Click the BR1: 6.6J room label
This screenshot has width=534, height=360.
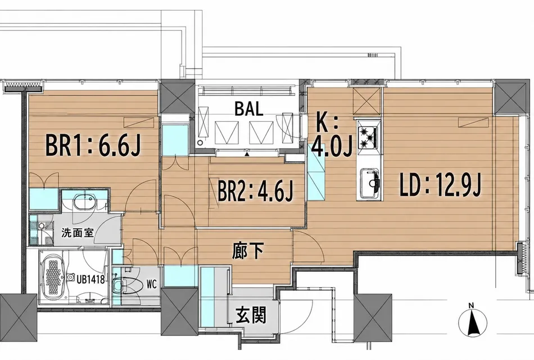[x=93, y=145]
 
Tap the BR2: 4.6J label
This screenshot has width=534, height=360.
[x=255, y=190]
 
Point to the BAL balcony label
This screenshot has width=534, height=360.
[x=248, y=109]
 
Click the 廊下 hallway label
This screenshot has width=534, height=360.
[x=247, y=252]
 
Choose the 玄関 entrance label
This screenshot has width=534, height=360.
[x=251, y=315]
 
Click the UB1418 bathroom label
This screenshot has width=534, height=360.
[x=90, y=280]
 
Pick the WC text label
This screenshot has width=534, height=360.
[x=152, y=284]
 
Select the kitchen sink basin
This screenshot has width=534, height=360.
[x=370, y=183]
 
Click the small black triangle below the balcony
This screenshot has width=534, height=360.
[x=247, y=154]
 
